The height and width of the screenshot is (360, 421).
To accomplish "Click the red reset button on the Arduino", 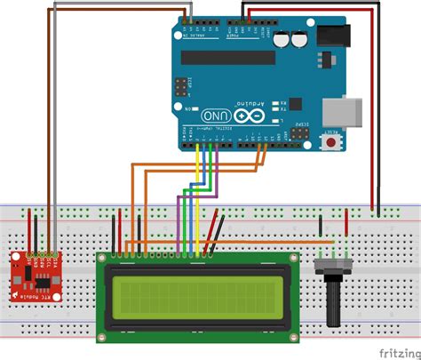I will click(x=333, y=141).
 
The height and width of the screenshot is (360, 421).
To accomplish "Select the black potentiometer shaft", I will click(x=333, y=307).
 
